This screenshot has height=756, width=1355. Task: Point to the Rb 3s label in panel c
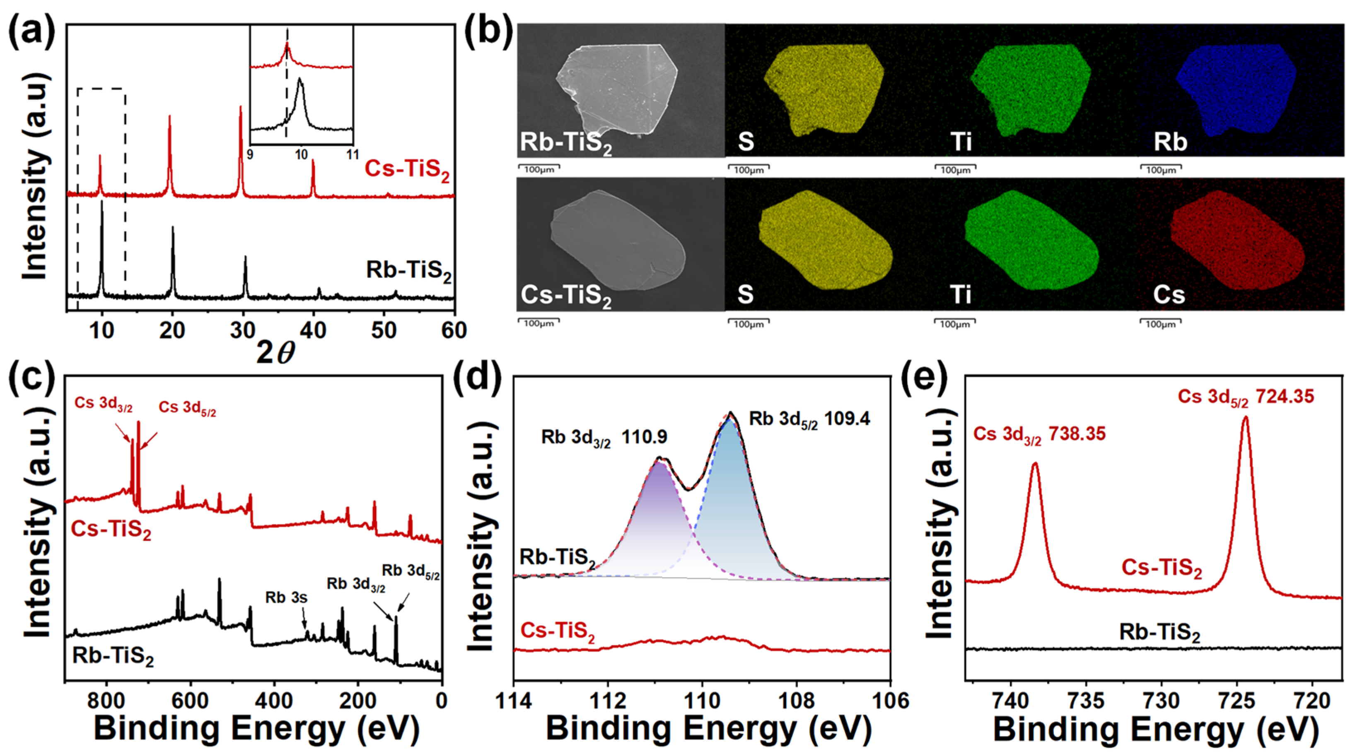tap(286, 598)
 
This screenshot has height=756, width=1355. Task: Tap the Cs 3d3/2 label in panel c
tap(103, 404)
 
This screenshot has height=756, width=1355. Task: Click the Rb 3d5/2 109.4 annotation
tap(809, 419)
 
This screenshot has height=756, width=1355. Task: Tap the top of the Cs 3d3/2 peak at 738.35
tap(1035, 464)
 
